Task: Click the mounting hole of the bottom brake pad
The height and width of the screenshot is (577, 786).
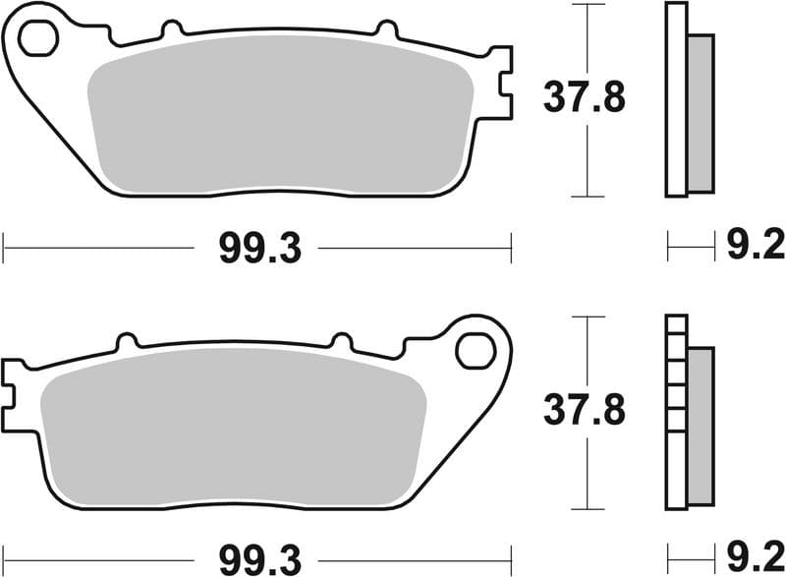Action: tap(476, 350)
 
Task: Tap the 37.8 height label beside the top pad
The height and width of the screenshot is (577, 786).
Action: tap(584, 98)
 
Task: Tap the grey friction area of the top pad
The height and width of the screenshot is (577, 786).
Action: tap(280, 116)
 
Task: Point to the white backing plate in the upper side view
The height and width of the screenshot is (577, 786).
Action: tap(676, 98)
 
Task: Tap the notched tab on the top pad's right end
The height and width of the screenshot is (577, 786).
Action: tap(500, 83)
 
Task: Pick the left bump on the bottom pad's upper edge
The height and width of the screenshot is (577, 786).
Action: tap(126, 343)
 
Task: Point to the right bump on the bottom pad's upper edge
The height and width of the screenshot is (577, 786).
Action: tap(343, 343)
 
